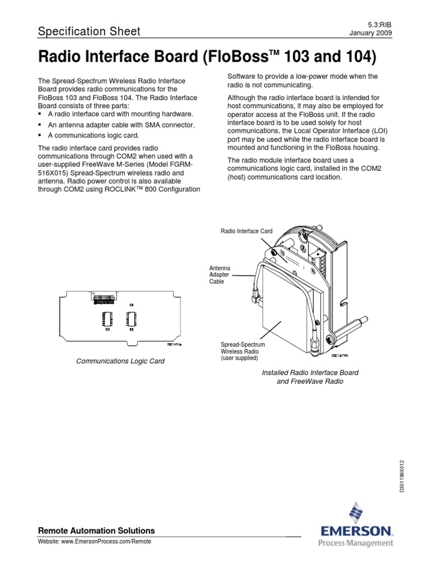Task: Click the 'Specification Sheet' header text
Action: [88, 31]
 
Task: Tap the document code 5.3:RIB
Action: [381, 24]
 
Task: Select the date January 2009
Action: [370, 32]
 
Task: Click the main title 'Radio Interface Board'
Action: [206, 57]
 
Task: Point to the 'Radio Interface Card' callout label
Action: [246, 231]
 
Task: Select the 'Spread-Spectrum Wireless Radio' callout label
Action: [244, 351]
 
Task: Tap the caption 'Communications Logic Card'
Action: [120, 361]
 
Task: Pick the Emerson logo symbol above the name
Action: [355, 513]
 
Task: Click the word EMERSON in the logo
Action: [356, 530]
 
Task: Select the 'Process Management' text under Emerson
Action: [356, 543]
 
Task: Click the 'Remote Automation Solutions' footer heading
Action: [96, 530]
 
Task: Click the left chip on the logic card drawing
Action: [105, 319]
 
